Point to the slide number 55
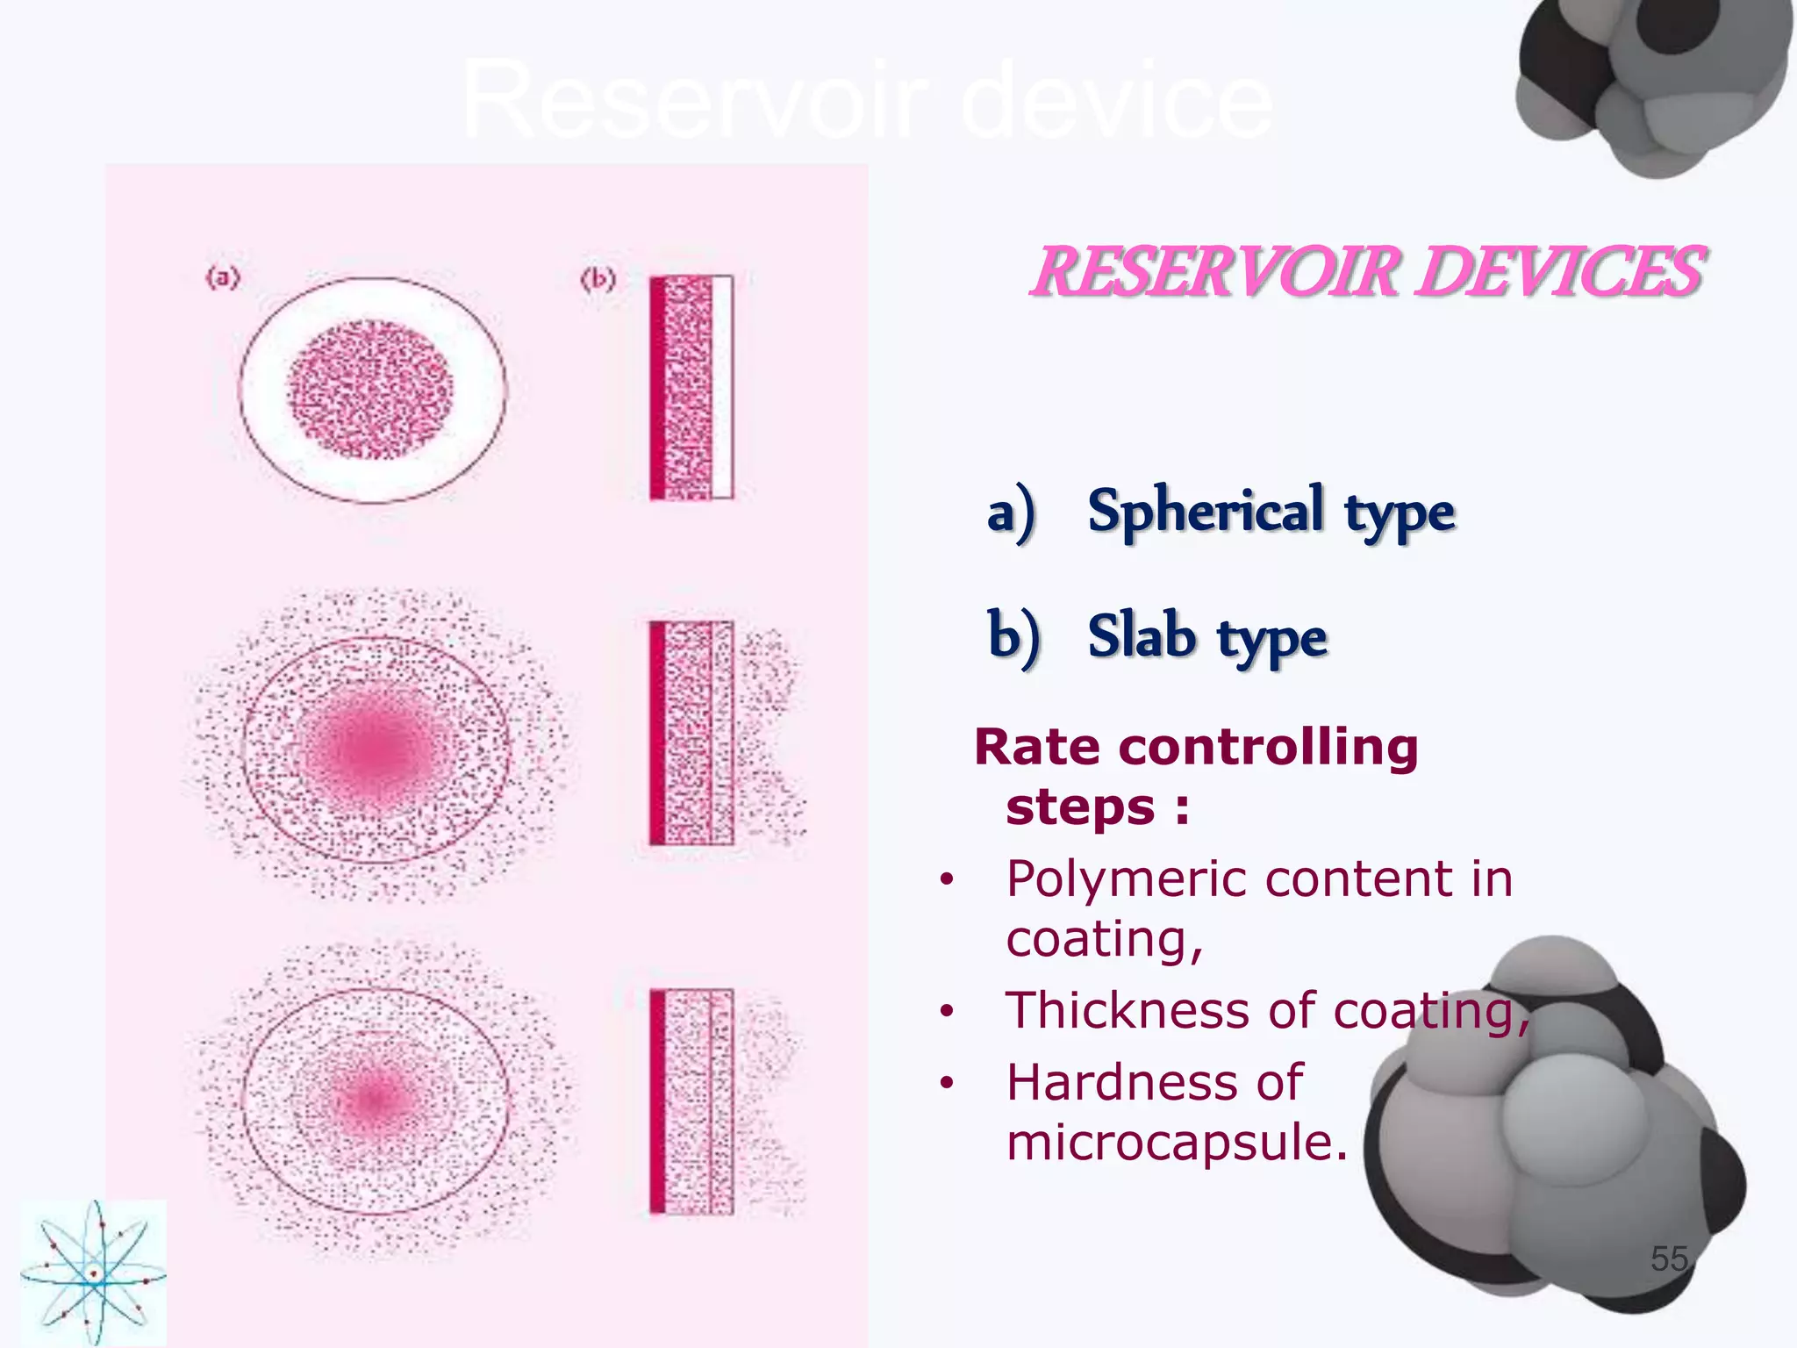click(x=1669, y=1258)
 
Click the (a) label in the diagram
click(x=223, y=278)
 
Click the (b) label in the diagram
click(x=598, y=280)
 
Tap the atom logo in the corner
click(x=93, y=1273)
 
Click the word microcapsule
click(x=1176, y=1143)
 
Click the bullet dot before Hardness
click(x=946, y=1084)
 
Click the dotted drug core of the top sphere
click(x=371, y=390)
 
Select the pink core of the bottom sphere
click(x=372, y=1097)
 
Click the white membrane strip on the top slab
click(x=722, y=387)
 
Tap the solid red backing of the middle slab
click(x=657, y=733)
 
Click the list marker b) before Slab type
click(x=1013, y=637)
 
